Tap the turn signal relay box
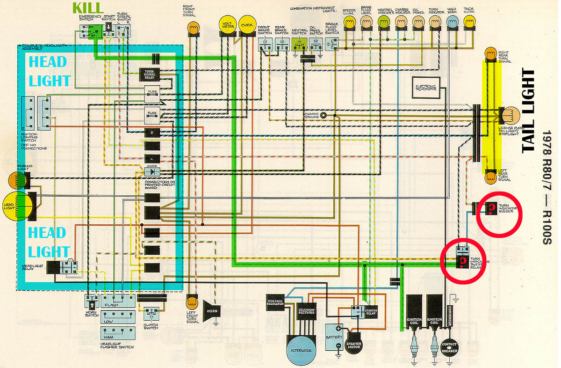tap(152, 74)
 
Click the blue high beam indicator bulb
tap(452, 21)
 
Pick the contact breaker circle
tap(449, 348)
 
